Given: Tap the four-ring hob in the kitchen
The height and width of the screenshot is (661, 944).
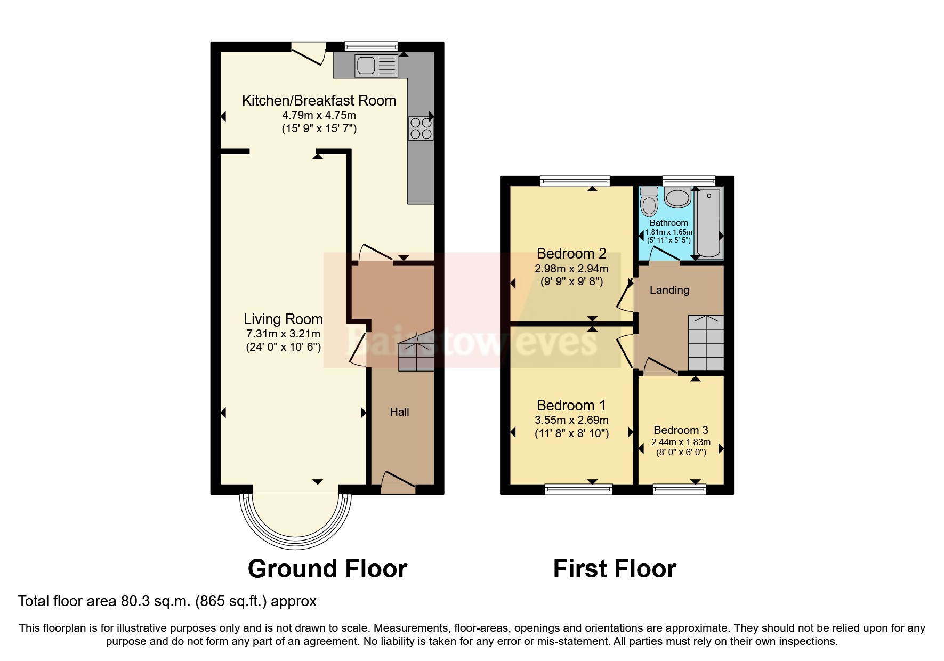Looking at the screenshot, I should (421, 128).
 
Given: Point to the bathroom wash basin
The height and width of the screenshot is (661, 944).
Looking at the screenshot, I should (677, 198).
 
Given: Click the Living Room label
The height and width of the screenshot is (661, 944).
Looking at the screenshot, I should (283, 319).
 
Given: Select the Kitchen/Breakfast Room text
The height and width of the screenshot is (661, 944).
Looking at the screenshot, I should (319, 101).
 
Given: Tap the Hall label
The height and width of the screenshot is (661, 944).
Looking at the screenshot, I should (399, 412).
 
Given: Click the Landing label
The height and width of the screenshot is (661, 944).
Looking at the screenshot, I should (669, 290).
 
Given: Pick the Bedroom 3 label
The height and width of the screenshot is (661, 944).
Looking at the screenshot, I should (681, 430).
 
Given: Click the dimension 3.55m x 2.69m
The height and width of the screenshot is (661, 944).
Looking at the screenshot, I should (571, 420).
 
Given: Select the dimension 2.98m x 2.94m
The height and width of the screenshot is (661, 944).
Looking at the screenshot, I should (571, 269).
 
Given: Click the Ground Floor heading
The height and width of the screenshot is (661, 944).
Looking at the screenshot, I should (327, 569).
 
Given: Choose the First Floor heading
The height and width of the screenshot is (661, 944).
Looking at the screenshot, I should (614, 569).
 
